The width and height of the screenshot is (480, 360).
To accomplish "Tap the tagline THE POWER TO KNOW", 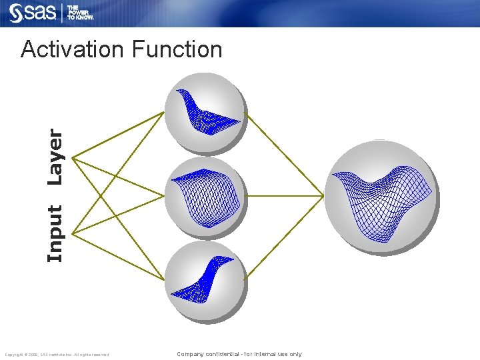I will pyautogui.click(x=84, y=13).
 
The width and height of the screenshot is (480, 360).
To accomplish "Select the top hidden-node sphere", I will pyautogui.click(x=205, y=112).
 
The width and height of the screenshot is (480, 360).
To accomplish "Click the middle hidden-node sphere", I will pyautogui.click(x=205, y=197).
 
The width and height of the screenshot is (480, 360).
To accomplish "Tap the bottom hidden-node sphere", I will pyautogui.click(x=205, y=282).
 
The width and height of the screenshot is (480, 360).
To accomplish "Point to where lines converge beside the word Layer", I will pyautogui.click(x=73, y=158).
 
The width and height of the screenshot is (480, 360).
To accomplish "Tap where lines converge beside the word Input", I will pyautogui.click(x=73, y=233).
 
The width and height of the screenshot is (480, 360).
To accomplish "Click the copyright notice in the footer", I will pyautogui.click(x=57, y=355).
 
